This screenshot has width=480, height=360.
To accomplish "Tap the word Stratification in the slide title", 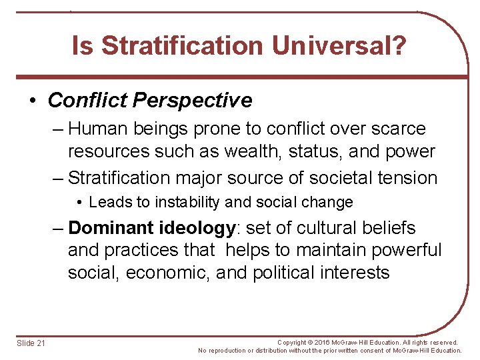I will (182, 46).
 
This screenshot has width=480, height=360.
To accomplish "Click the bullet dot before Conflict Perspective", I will (33, 101).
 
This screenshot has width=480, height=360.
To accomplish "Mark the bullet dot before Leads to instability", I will (79, 202).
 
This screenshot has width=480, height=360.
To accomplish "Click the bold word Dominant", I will (111, 228).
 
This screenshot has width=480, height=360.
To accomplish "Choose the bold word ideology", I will (197, 228).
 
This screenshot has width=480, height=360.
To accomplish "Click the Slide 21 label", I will (31, 343).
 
